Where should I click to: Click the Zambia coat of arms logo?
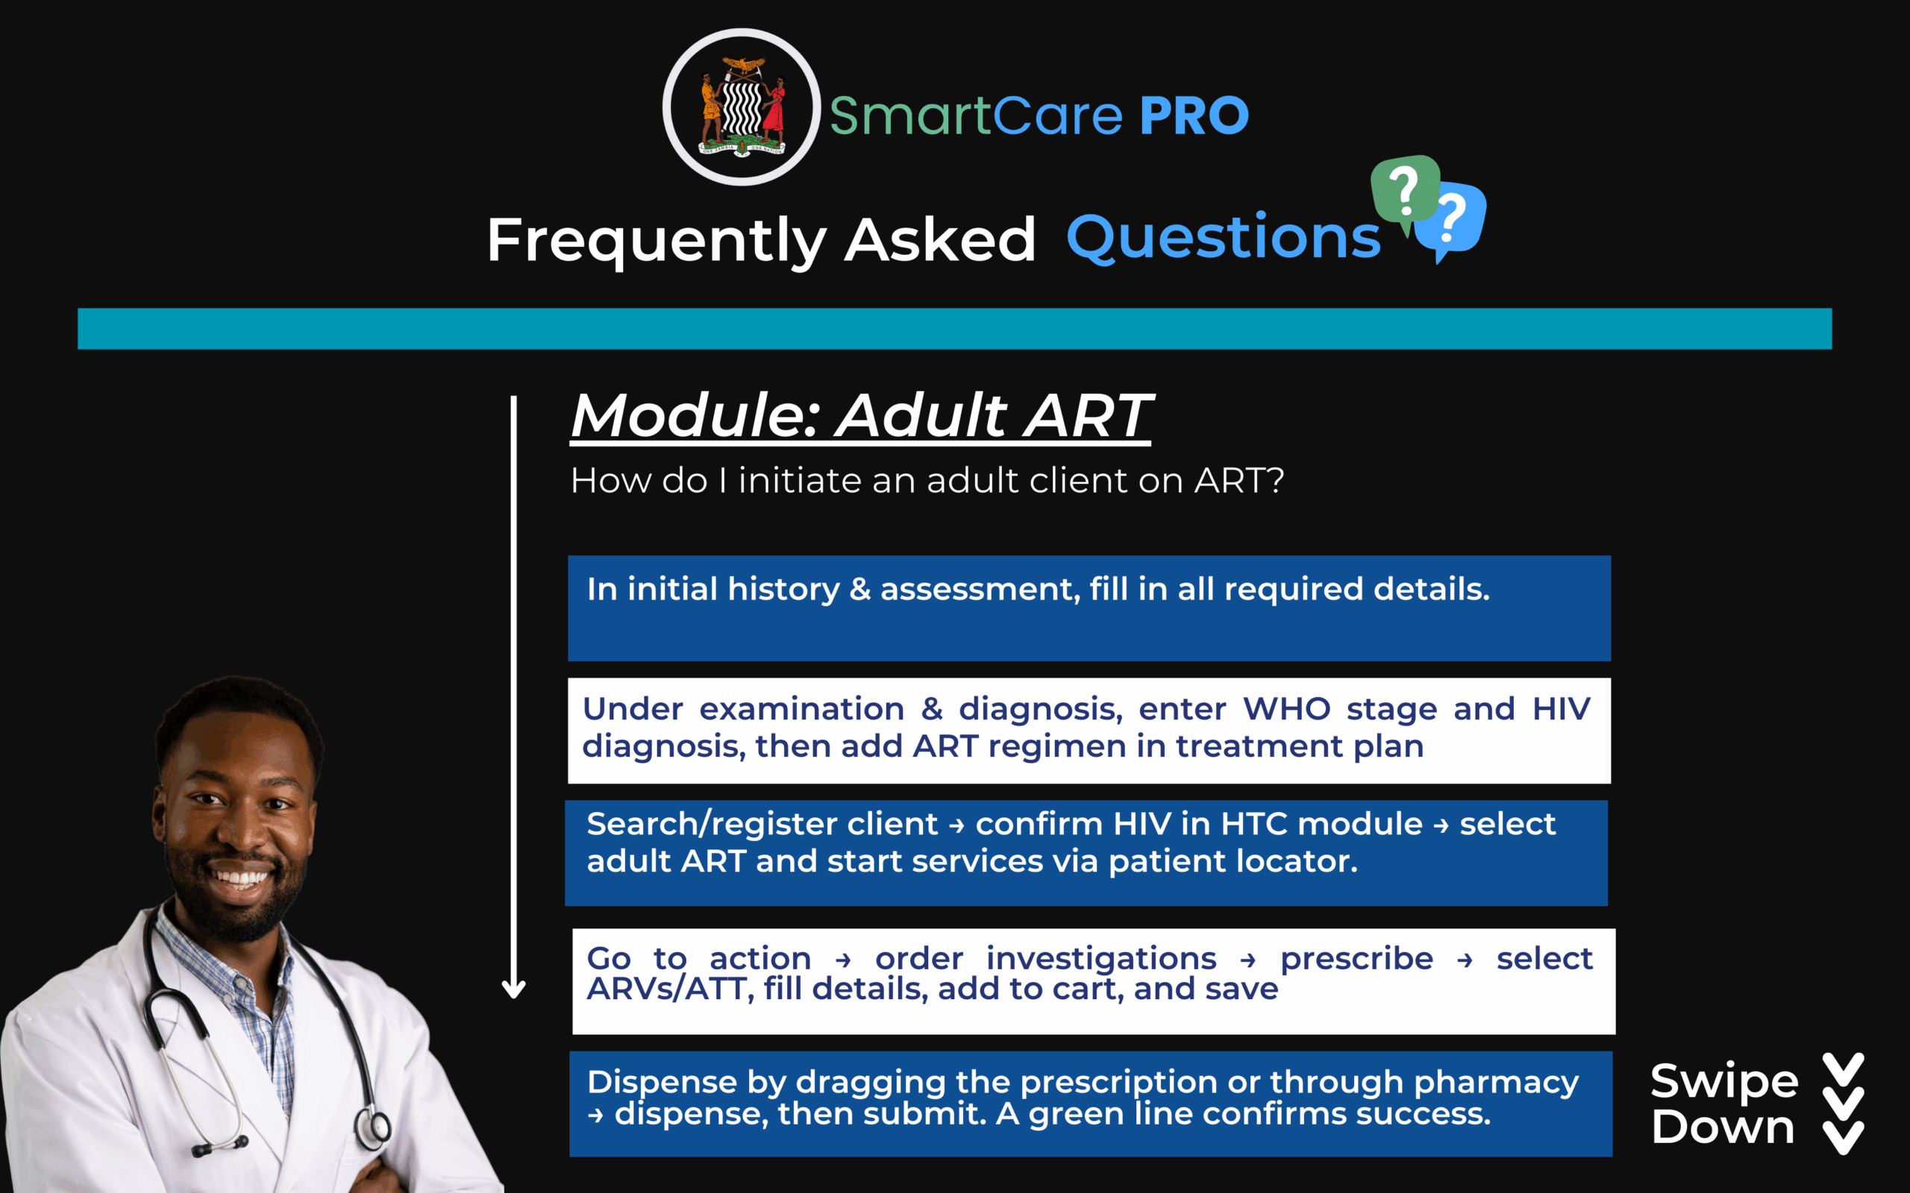coord(742,107)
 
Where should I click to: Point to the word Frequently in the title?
coord(657,241)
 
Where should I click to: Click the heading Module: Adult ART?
coord(861,415)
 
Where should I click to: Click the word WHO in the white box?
coord(1286,708)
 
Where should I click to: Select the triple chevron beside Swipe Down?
coord(1843,1104)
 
